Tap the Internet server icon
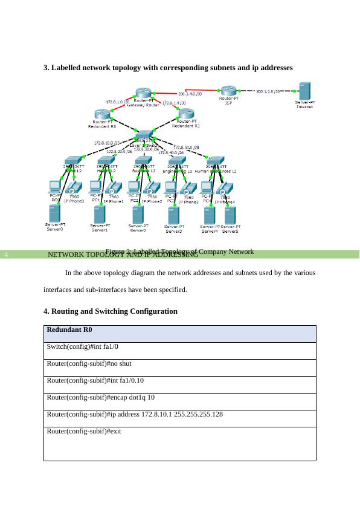pos(304,91)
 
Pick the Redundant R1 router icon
pos(185,112)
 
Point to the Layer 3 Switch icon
pos(144,136)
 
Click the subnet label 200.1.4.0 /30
pos(190,94)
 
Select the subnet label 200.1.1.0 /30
pos(268,92)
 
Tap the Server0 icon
pos(54,213)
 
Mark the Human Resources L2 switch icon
pos(216,161)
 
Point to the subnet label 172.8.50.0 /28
pos(186,148)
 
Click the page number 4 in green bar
pos(5,254)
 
